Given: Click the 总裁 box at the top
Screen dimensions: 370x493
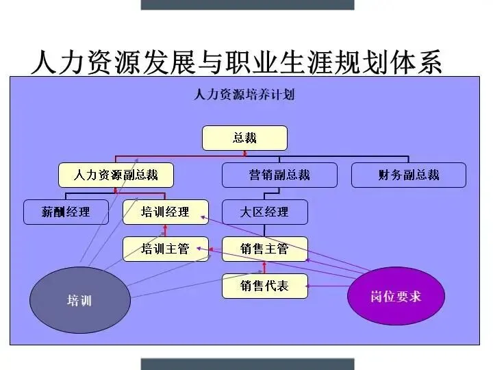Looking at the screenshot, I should click(x=244, y=138).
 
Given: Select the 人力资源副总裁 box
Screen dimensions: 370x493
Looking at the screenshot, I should click(x=116, y=175).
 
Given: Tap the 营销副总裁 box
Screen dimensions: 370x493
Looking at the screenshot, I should click(x=279, y=175).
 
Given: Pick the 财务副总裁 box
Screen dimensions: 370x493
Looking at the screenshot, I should click(x=408, y=175).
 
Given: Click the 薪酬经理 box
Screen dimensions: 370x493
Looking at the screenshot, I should click(x=66, y=212).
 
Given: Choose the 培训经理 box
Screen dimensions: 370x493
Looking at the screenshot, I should click(x=165, y=212).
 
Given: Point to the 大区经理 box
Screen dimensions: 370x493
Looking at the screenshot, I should click(x=264, y=212).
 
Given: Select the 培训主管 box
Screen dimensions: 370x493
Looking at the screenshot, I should click(x=165, y=249).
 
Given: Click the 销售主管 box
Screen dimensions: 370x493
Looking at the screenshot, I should click(x=264, y=249).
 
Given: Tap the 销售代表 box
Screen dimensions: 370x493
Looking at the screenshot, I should click(x=264, y=286).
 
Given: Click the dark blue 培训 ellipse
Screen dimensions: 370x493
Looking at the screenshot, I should click(x=79, y=300).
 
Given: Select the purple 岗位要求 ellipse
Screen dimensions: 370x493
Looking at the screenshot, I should click(x=396, y=296).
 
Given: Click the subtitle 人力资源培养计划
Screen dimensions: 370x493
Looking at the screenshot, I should click(x=244, y=95).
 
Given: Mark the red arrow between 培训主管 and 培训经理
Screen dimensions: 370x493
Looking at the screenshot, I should click(x=165, y=230).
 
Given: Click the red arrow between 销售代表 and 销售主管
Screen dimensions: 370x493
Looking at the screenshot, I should click(x=264, y=267).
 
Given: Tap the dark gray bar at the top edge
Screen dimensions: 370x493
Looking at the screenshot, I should click(x=247, y=4).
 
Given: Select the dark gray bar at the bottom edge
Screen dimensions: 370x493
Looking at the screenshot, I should click(x=247, y=364).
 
